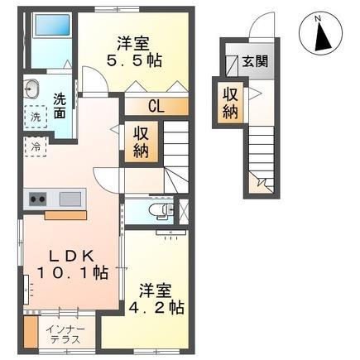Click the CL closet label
pos(155,104)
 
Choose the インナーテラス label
pos(65,336)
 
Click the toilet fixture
pos(157,210)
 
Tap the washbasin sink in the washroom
pos(31,89)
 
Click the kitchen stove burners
pos(37,199)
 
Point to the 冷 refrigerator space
pos(36,146)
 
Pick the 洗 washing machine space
pos(36,118)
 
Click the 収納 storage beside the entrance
pos(228,99)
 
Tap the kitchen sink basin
pos(70,199)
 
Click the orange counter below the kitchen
pos(65,215)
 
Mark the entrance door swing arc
pos(263,28)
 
